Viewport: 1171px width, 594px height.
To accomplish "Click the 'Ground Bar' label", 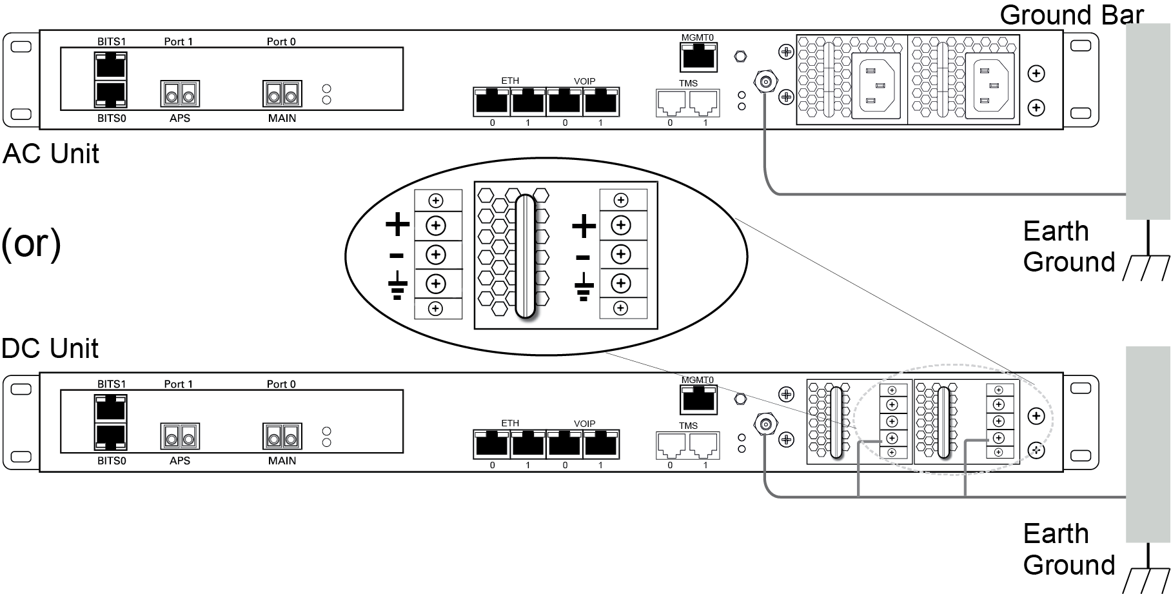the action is (1071, 14).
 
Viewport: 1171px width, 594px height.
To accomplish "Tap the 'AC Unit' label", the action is (51, 154).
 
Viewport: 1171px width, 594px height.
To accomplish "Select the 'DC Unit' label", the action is (50, 348).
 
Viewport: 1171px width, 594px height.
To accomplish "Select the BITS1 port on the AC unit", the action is (111, 66).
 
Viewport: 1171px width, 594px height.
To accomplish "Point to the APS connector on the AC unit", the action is (180, 94).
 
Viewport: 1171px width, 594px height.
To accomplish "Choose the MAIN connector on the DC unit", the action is (282, 436).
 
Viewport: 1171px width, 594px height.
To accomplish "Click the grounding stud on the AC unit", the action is (766, 83).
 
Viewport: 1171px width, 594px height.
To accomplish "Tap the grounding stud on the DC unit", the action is (766, 424).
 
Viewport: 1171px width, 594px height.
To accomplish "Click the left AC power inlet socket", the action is (876, 86).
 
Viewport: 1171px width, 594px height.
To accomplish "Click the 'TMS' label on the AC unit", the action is (688, 84).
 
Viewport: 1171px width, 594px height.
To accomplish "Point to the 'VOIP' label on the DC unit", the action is (584, 424).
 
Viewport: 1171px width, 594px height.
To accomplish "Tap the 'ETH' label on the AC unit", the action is (510, 81).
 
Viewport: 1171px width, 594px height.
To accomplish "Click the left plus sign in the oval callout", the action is (398, 225).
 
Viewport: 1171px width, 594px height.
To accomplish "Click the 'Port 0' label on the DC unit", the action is (281, 384).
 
